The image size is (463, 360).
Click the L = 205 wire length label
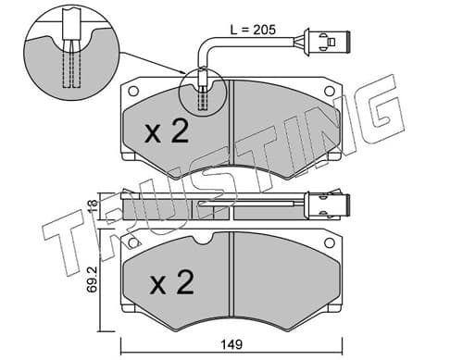coord(253,30)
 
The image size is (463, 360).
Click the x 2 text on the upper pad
coord(167,131)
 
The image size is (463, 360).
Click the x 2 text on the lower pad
coord(172,281)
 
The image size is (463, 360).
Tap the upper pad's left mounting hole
coord(133,91)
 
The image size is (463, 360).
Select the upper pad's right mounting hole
coord(330,91)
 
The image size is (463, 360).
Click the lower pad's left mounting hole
coord(133,243)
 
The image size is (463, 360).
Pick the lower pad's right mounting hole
coord(330,243)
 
